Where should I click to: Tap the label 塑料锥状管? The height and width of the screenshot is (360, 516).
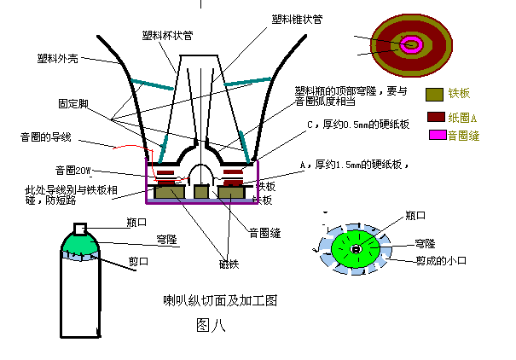click(x=298, y=20)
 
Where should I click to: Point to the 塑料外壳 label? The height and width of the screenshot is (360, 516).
click(x=58, y=59)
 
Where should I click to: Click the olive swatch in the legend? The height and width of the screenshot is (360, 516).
click(x=435, y=95)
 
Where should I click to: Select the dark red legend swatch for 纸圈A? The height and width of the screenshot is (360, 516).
click(x=435, y=116)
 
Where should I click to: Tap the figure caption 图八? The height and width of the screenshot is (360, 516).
click(x=210, y=323)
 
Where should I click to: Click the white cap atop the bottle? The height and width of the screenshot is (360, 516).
click(x=81, y=228)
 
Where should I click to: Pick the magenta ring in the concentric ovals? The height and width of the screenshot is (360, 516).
click(x=412, y=44)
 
